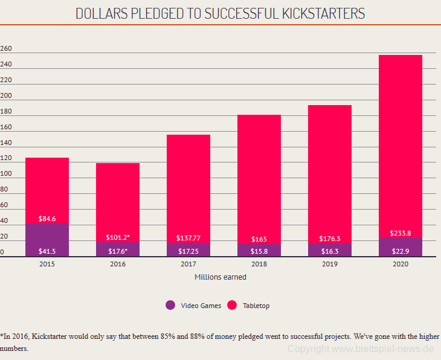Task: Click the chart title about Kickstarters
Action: tap(220, 13)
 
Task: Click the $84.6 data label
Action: tap(47, 219)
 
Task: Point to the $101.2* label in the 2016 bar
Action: tap(118, 237)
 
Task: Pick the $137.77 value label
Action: tap(188, 239)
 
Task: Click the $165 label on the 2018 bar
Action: tap(259, 239)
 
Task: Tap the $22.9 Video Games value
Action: tap(400, 250)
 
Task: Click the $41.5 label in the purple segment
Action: tap(47, 250)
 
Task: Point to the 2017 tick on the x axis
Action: tap(188, 264)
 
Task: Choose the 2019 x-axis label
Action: tap(329, 264)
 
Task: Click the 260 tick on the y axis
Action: tap(7, 49)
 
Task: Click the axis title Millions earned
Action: tap(220, 277)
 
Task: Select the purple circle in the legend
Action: tap(170, 305)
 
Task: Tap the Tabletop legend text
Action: tap(256, 306)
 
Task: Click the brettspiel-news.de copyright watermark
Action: tap(361, 349)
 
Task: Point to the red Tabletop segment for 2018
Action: tap(259, 175)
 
